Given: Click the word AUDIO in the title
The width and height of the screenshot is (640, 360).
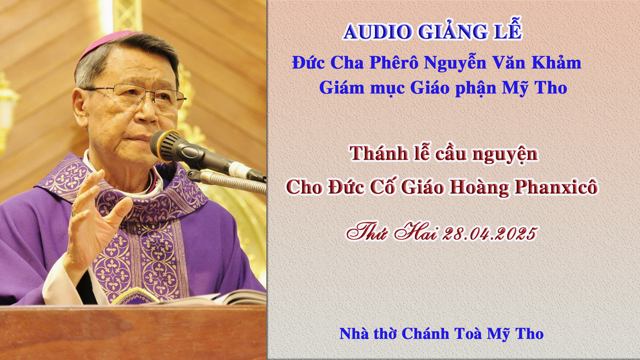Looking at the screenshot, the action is pyautogui.click(x=378, y=32).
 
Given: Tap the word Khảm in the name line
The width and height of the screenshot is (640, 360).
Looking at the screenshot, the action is pyautogui.click(x=556, y=62).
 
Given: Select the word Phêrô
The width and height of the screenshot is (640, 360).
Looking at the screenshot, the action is pyautogui.click(x=394, y=62).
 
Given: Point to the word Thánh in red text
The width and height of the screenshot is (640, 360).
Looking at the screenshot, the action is pyautogui.click(x=379, y=154).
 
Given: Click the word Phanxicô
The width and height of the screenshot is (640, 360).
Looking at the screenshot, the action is pyautogui.click(x=556, y=187).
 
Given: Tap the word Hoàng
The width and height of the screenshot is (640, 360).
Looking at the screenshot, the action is pyautogui.click(x=479, y=187).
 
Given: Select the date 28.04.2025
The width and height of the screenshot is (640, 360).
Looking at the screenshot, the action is pyautogui.click(x=490, y=233).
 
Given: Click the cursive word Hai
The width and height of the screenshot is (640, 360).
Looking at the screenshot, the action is pyautogui.click(x=416, y=232).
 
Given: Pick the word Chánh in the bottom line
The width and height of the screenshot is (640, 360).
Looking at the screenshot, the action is pyautogui.click(x=425, y=334).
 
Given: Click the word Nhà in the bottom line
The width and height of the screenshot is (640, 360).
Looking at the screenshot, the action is pyautogui.click(x=354, y=334).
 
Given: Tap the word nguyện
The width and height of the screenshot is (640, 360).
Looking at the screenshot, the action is pyautogui.click(x=505, y=155).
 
